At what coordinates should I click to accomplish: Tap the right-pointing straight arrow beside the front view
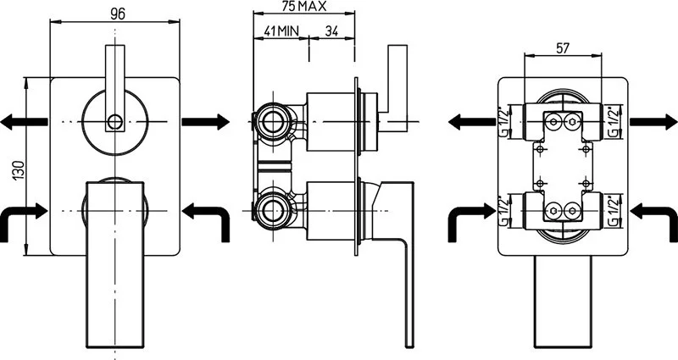coord(206,122)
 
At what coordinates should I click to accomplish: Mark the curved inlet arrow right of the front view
coord(208,217)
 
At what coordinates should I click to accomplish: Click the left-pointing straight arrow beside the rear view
coord(471,122)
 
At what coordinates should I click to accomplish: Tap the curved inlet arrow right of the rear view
coord(655,217)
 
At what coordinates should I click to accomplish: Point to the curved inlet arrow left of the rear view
coord(469,217)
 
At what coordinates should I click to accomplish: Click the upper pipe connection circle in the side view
coord(274,122)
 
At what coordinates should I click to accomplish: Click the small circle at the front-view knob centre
coord(114,122)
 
